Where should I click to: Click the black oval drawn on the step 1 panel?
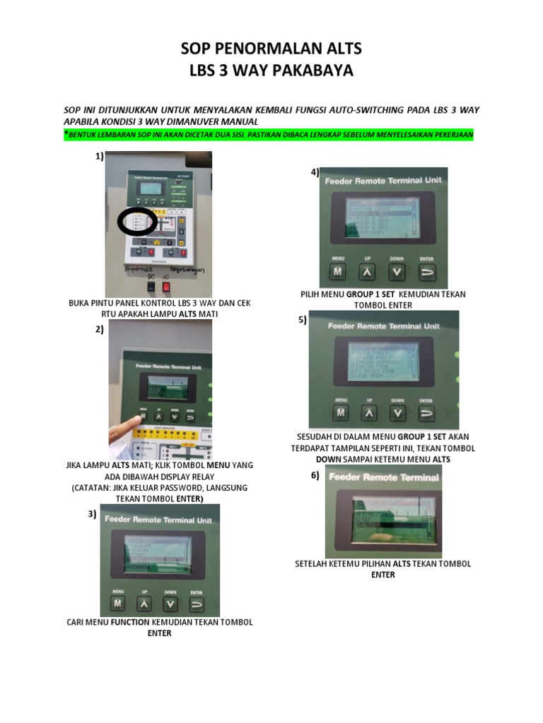coord(137,222)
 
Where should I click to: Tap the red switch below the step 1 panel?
coord(166,286)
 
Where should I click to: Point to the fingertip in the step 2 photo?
coord(139,422)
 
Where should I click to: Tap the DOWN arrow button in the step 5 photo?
coord(399,413)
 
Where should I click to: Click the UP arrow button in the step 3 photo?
coord(144,604)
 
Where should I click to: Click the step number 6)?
coord(315,475)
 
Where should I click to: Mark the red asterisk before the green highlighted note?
coord(66,133)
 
